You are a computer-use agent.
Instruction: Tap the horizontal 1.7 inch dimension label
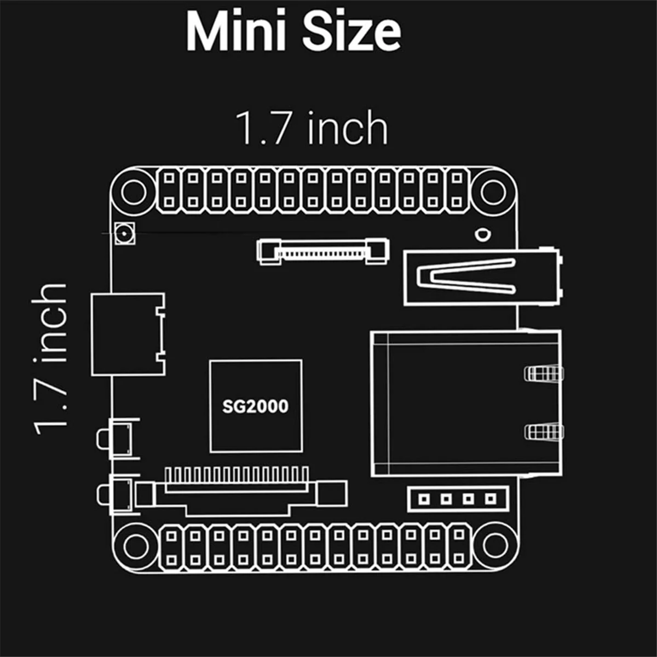[312, 128]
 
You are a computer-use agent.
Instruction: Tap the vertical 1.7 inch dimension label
[50, 359]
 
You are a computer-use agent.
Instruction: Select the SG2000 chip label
[255, 406]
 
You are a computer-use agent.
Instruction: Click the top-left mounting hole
[134, 192]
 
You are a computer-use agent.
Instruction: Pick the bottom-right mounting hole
[494, 544]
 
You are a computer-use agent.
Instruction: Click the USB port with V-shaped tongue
[482, 277]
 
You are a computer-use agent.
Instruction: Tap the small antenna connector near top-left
[125, 234]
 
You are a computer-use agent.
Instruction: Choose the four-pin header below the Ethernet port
[458, 499]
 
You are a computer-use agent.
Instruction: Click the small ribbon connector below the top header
[323, 251]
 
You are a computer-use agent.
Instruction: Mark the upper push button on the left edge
[119, 438]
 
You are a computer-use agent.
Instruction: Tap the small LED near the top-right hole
[481, 235]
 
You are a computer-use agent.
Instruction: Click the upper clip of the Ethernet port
[543, 373]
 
